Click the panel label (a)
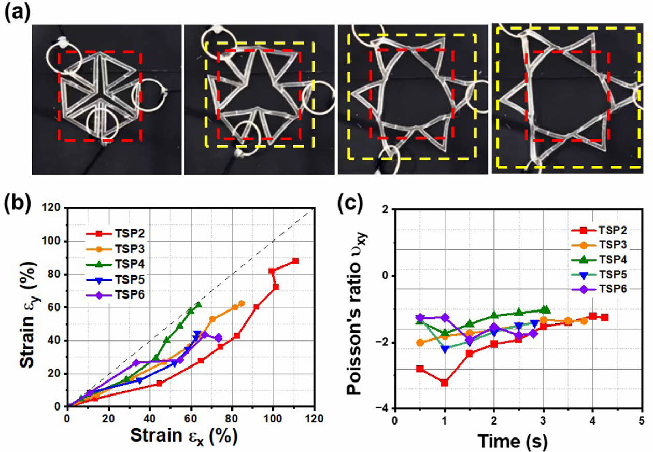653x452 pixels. [x=16, y=12]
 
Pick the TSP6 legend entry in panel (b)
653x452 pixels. [x=111, y=295]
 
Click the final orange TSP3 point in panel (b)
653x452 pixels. [x=241, y=303]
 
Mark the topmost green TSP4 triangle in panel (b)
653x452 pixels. [x=198, y=305]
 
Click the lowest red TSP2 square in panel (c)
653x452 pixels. [x=444, y=383]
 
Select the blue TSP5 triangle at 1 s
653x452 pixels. [x=445, y=349]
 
